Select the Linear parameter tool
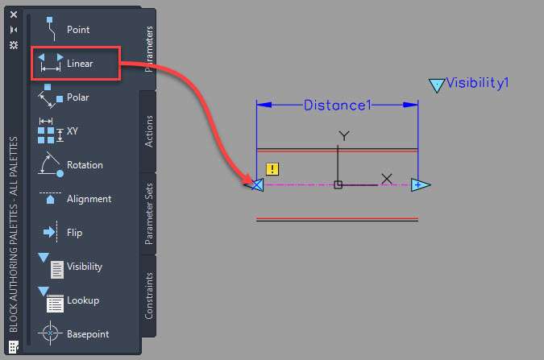pyautogui.click(x=66, y=63)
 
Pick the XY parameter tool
pyautogui.click(x=58, y=130)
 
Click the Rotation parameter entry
pyautogui.click(x=70, y=164)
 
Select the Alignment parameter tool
pyautogui.click(x=75, y=198)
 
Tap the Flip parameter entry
pyautogui.click(x=62, y=232)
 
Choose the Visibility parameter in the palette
pyautogui.click(x=70, y=266)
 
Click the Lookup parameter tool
pyautogui.click(x=69, y=300)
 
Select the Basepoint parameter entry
pyautogui.click(x=73, y=333)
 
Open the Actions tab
pyautogui.click(x=148, y=131)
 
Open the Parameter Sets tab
pyautogui.click(x=148, y=213)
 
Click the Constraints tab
pyautogui.click(x=148, y=296)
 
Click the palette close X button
pyautogui.click(x=14, y=14)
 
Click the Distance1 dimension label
pyautogui.click(x=337, y=105)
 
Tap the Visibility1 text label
pyautogui.click(x=477, y=83)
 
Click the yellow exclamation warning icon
pyautogui.click(x=272, y=169)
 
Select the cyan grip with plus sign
pyautogui.click(x=420, y=185)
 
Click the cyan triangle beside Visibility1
pyautogui.click(x=437, y=85)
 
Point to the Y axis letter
pyautogui.click(x=344, y=135)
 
